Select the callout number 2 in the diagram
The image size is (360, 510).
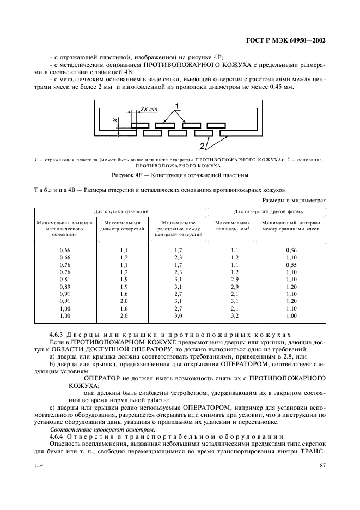(202, 146)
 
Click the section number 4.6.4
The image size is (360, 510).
(58, 436)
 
